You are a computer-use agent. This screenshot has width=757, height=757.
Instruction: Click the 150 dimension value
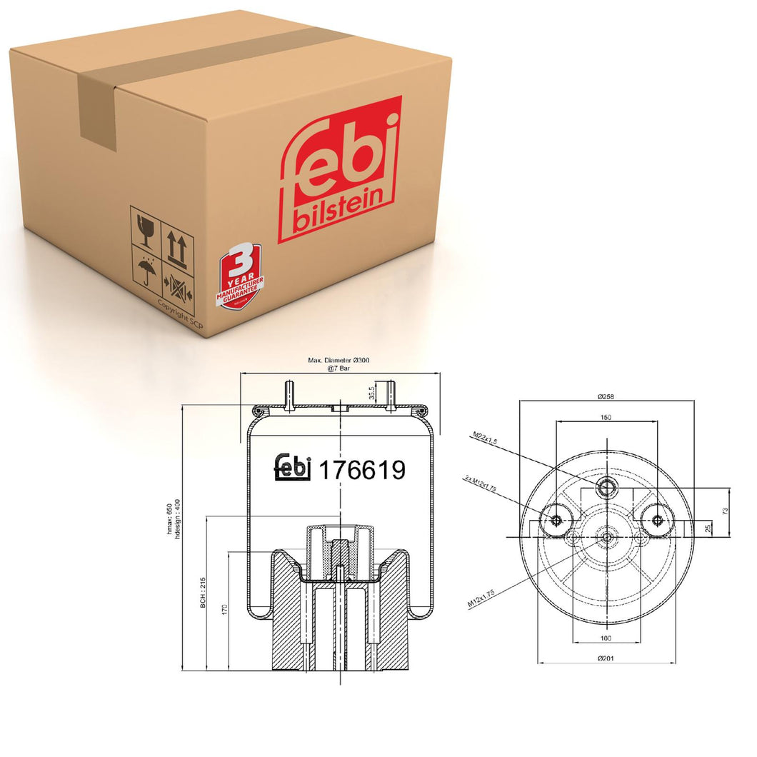coord(606,416)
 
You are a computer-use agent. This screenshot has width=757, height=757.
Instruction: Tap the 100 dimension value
coord(606,638)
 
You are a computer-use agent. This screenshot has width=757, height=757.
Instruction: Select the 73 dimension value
coord(726,511)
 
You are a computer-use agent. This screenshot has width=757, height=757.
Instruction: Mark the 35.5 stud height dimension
coord(370,392)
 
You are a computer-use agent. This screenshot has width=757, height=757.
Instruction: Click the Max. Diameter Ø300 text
coord(341,361)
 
